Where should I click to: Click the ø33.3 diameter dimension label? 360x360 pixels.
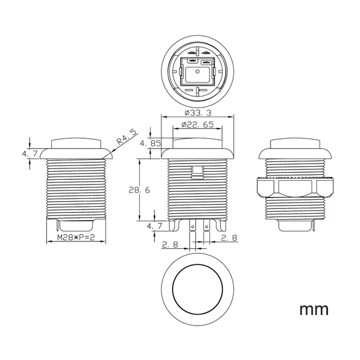coord(198,113)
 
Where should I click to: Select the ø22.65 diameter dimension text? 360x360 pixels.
coord(198,125)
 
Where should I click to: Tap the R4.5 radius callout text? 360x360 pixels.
coord(126,137)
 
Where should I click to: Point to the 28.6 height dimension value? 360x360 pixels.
coord(139,190)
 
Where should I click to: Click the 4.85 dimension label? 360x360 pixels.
coord(151,144)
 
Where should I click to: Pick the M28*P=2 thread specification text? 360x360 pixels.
coord(76,237)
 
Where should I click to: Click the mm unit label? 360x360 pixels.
coord(314,310)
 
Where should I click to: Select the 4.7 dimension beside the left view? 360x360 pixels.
coord(30,153)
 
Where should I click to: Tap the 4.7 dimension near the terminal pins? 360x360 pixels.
coord(154,226)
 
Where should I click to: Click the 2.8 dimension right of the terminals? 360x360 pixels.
coord(229,238)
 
